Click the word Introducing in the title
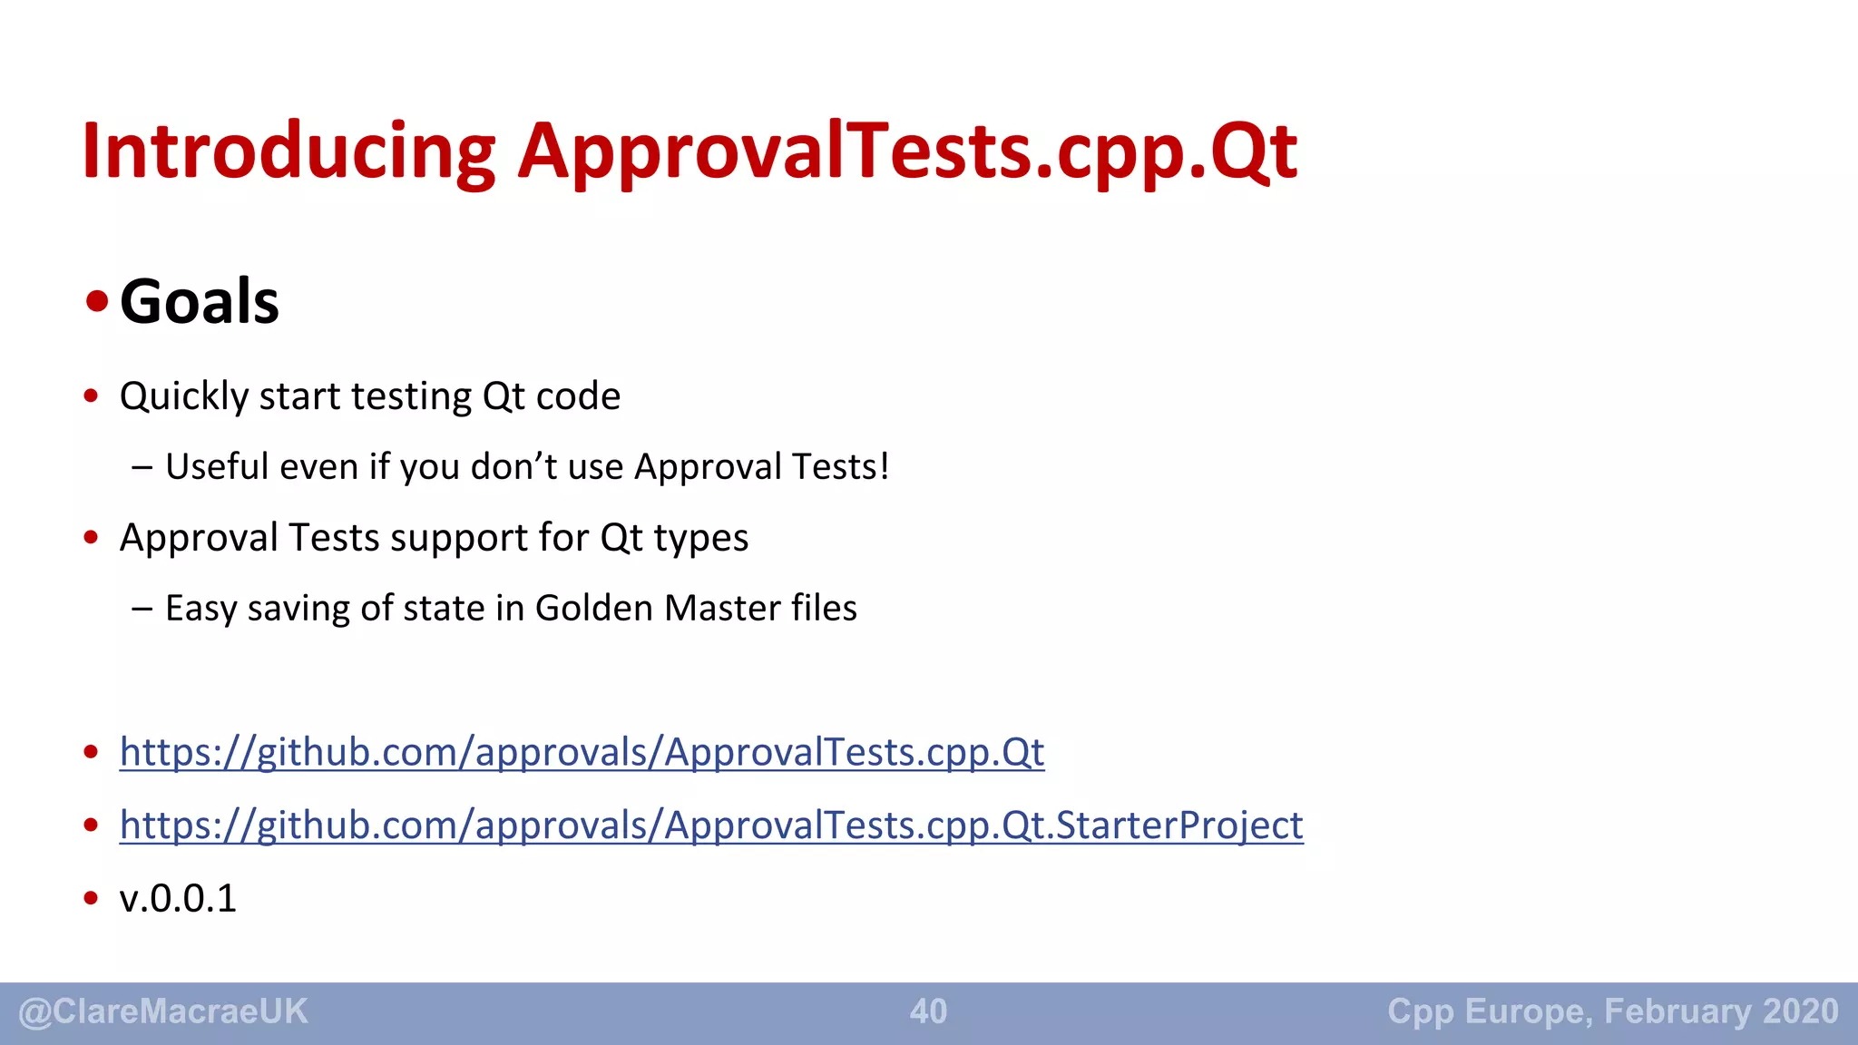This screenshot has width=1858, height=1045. point(288,151)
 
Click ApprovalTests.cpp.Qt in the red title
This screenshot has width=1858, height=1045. point(907,151)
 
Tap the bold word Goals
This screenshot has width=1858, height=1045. point(200,301)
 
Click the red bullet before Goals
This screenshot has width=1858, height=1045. point(96,301)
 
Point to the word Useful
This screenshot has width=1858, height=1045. point(217,467)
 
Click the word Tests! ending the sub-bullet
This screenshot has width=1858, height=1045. point(840,467)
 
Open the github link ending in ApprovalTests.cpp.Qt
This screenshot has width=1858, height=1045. point(582,752)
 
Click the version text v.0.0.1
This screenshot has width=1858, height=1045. point(178,899)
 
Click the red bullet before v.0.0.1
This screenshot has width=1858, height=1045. point(91,898)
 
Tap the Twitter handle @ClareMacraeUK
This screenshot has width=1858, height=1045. point(163,1011)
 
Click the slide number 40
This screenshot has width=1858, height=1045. point(928,1011)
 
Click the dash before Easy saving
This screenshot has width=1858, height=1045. point(142,609)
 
